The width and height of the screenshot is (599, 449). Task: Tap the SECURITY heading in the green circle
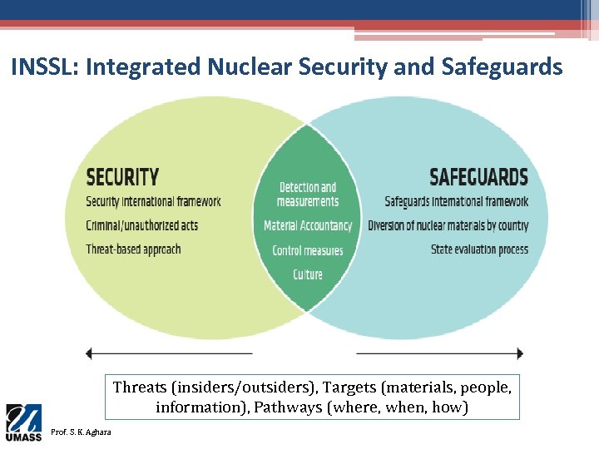pos(122,177)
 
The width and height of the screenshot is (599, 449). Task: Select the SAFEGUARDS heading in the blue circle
pos(478,177)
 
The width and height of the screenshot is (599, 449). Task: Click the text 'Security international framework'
pos(153,201)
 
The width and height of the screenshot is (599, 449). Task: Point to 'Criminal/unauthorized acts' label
pos(141,225)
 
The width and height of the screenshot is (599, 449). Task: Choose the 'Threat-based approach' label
pos(133,249)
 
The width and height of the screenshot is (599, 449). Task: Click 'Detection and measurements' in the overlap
pos(308,195)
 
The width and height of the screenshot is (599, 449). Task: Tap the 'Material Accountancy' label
pos(308,225)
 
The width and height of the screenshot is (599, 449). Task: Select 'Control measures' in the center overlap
pos(308,250)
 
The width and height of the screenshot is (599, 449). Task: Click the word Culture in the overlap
pos(308,274)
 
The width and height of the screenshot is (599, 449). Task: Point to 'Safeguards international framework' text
pos(456,201)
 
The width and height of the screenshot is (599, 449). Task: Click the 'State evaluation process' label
pos(479,249)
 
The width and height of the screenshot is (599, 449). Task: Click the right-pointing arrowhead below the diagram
pos(520,353)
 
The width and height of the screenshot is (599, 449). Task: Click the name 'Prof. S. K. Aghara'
pos(83,432)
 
